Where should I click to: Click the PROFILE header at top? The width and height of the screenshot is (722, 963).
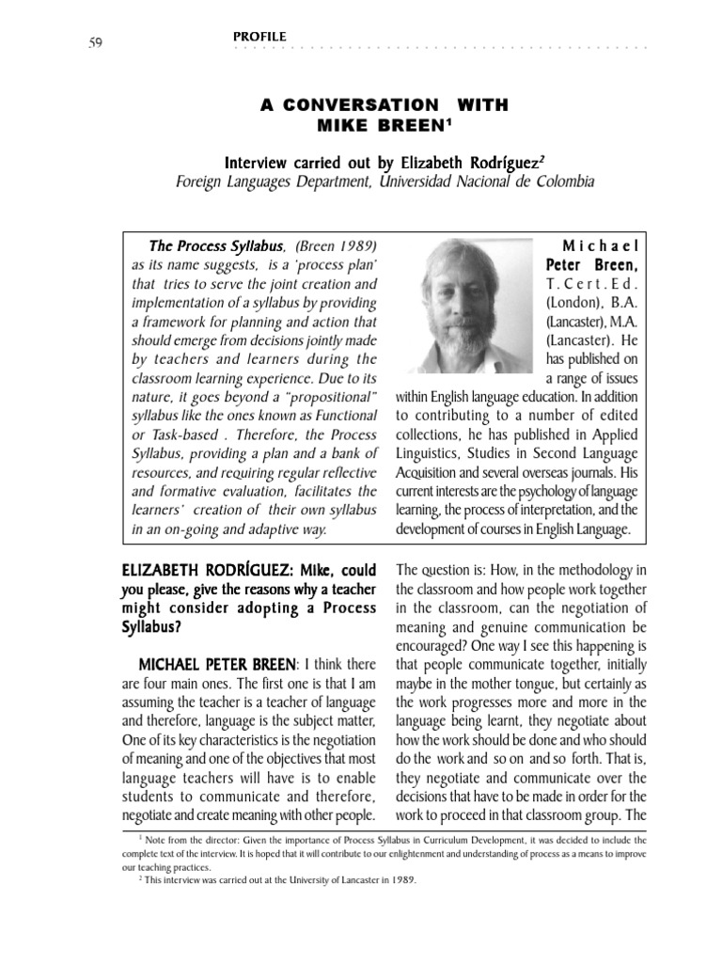[x=259, y=37]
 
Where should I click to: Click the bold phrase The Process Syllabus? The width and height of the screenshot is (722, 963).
[x=204, y=246]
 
